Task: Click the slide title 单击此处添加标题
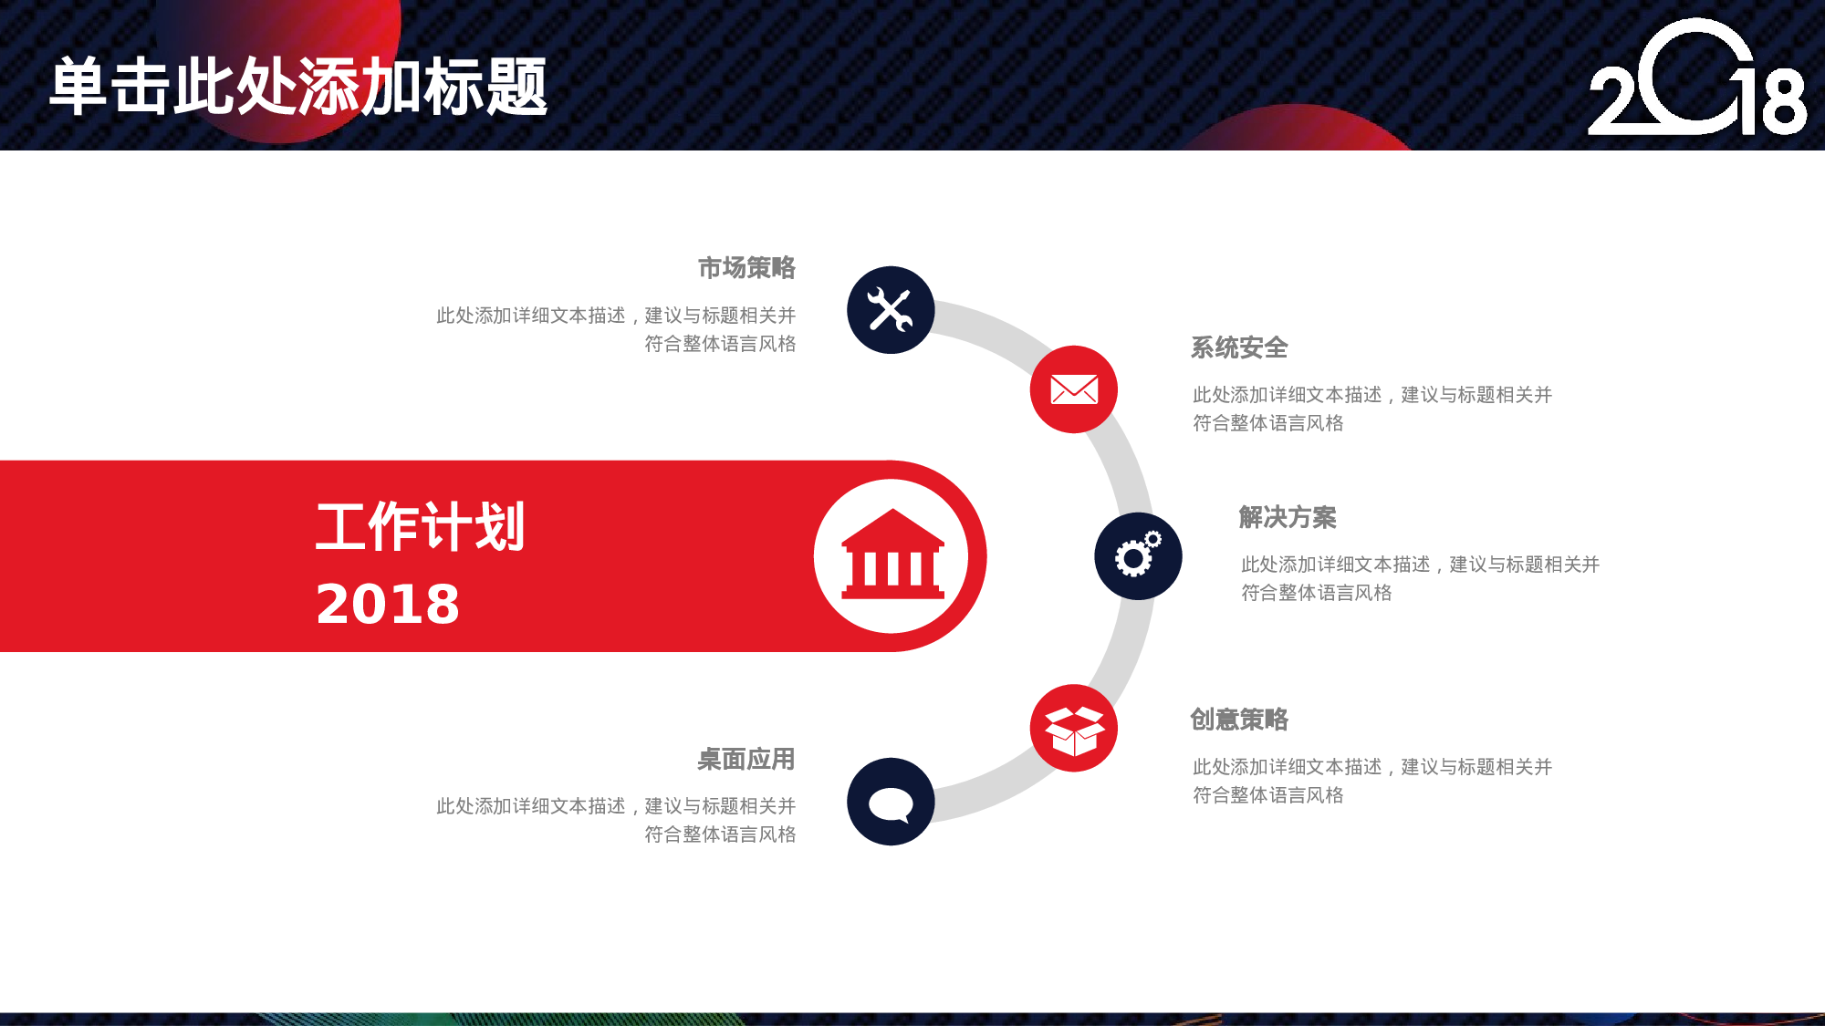pyautogui.click(x=298, y=87)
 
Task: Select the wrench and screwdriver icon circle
pyautogui.click(x=891, y=310)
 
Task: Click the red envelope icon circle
pyautogui.click(x=1074, y=389)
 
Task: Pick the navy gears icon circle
pyautogui.click(x=1138, y=556)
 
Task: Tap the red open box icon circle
pyautogui.click(x=1074, y=729)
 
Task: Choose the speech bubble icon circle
pyautogui.click(x=891, y=802)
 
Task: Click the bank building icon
pyautogui.click(x=892, y=555)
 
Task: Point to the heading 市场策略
pyautogui.click(x=746, y=268)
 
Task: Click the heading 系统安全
pyautogui.click(x=1239, y=348)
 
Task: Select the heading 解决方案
pyautogui.click(x=1288, y=518)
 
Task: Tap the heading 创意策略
pyautogui.click(x=1239, y=720)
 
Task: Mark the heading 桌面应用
pyautogui.click(x=746, y=759)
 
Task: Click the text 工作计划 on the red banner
pyautogui.click(x=421, y=526)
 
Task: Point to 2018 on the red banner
pyautogui.click(x=388, y=604)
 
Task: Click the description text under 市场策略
pyautogui.click(x=616, y=329)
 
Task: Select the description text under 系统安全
pyautogui.click(x=1371, y=409)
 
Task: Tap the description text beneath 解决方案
pyautogui.click(x=1420, y=578)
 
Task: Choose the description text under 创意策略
pyautogui.click(x=1371, y=781)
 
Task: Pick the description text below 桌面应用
pyautogui.click(x=616, y=820)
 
